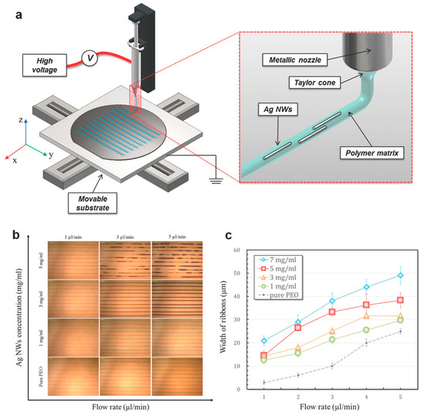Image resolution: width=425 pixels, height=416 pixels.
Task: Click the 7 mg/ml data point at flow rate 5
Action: pyautogui.click(x=400, y=274)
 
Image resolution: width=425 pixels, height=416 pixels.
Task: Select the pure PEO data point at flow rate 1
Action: pyautogui.click(x=264, y=383)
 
